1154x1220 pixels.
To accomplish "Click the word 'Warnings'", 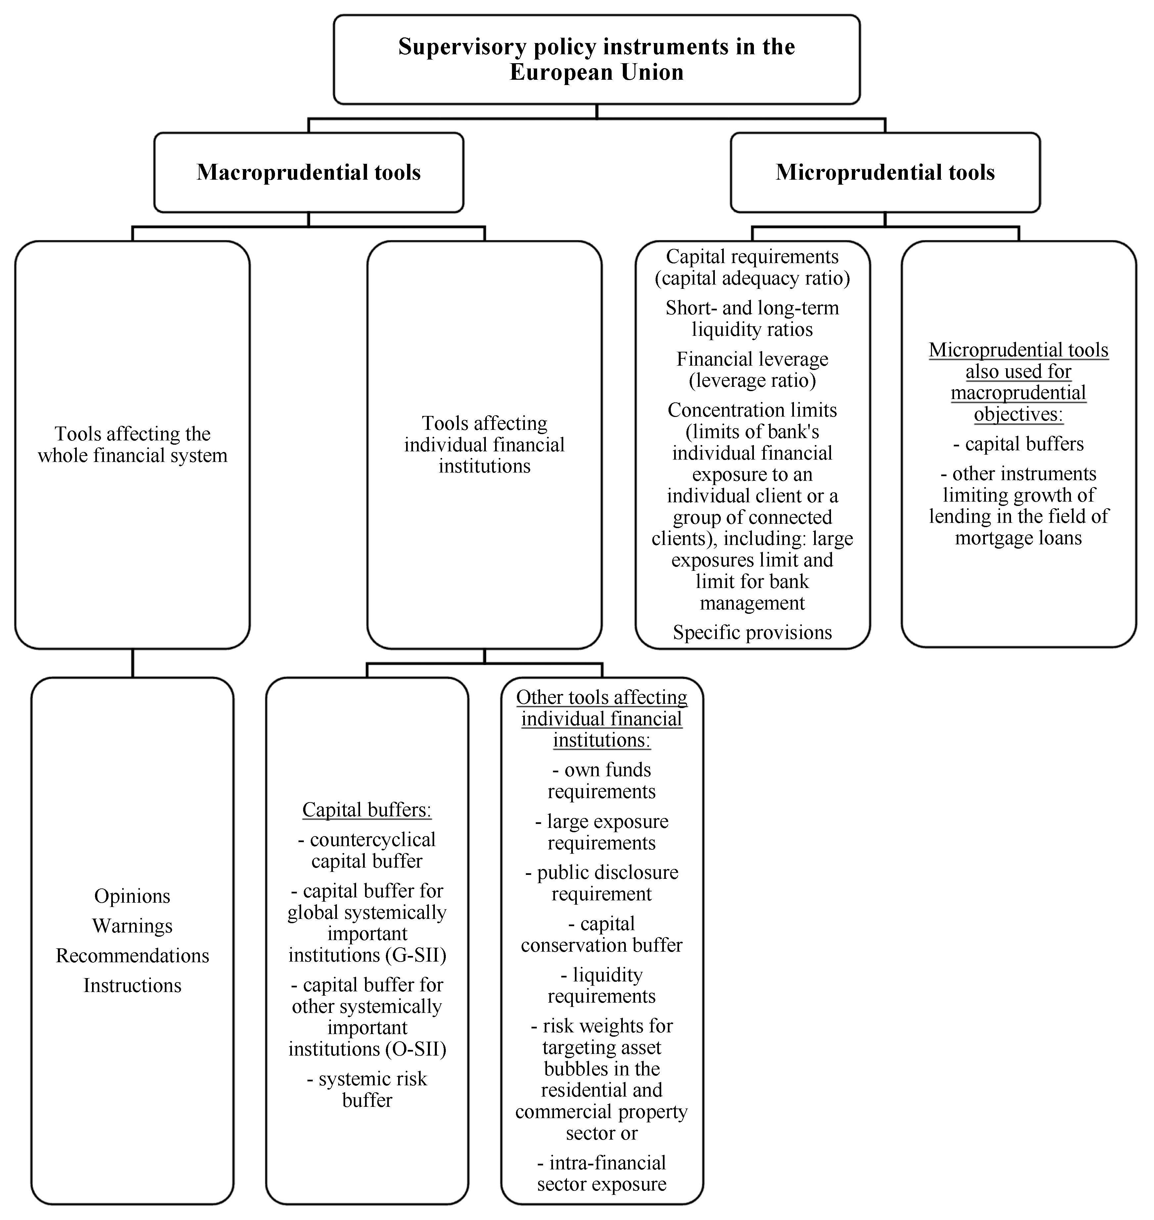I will pos(132,926).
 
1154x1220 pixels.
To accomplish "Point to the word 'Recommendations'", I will pos(132,955).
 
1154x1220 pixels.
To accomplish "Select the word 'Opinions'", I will pos(132,896).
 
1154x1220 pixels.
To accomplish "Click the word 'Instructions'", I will pos(132,985).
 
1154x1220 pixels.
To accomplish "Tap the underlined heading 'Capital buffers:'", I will pos(367,810).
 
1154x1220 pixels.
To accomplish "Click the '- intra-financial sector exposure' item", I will pos(602,1173).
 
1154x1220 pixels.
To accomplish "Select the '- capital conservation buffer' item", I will pos(602,934).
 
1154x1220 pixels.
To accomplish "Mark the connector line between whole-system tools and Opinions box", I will pos(132,663).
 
